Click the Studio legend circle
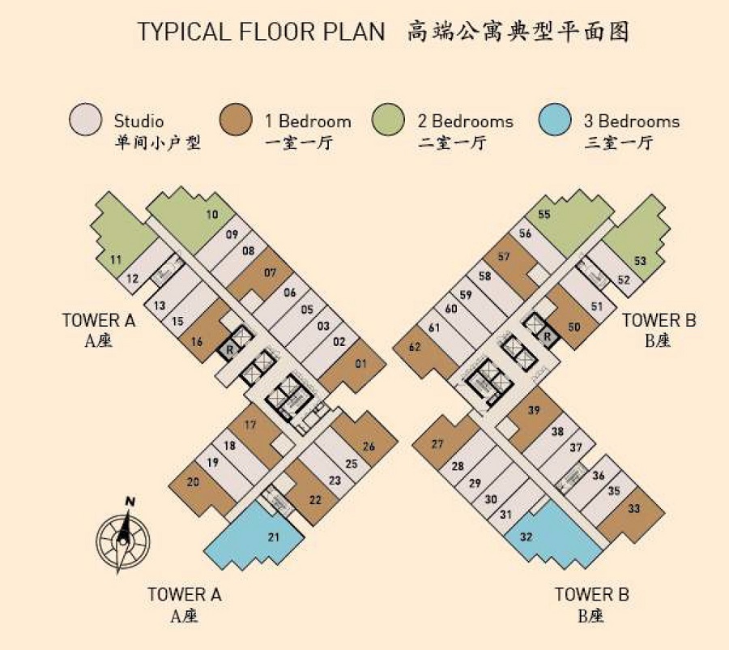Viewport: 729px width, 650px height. pos(85,120)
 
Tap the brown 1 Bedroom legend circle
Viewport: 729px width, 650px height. pos(236,120)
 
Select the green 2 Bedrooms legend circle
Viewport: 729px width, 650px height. pos(388,120)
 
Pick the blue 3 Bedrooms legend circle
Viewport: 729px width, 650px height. pos(555,120)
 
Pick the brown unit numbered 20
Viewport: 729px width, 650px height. pos(201,489)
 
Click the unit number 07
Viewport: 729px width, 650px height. pos(270,272)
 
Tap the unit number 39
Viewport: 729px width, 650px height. pos(535,410)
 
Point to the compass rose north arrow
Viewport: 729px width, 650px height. pos(123,540)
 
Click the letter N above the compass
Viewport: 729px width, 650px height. pos(130,502)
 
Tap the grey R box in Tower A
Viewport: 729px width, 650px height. pos(229,349)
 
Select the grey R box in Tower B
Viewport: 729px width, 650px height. pos(548,336)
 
